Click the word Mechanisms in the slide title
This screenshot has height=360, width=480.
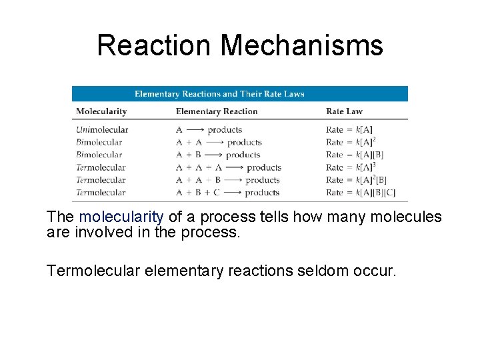pos(301,46)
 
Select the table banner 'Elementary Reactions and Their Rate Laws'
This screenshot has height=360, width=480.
pos(219,94)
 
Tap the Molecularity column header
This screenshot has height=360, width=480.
pos(101,111)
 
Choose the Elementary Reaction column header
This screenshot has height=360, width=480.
pos(217,111)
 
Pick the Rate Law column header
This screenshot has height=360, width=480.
pos(345,111)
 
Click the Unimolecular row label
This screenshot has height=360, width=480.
pos(102,129)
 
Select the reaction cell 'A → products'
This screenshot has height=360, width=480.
pos(208,129)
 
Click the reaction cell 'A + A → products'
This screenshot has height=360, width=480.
pos(218,142)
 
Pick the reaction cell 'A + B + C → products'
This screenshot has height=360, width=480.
pos(227,193)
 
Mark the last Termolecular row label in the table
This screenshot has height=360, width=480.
pos(101,193)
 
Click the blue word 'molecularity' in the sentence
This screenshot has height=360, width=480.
pos(121,217)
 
